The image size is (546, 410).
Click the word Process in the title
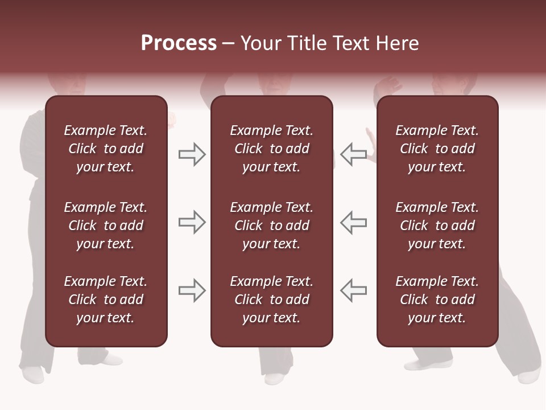[179, 43]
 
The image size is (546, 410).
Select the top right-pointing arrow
[192, 154]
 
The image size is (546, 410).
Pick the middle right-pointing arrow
[192, 222]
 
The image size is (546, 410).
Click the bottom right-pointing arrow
[192, 290]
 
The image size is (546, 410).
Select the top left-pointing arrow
[354, 154]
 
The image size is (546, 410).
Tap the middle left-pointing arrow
[354, 222]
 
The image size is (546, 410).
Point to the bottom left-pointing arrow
[354, 290]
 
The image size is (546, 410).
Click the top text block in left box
[106, 149]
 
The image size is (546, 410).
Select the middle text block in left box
[106, 225]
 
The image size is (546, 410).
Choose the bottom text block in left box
[106, 300]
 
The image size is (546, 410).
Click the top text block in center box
[271, 149]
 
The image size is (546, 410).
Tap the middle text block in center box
[271, 225]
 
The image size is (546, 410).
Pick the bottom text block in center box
[271, 300]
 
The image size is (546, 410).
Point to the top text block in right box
[437, 149]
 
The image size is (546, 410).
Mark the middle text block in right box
[437, 225]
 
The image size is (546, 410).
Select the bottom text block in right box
[437, 300]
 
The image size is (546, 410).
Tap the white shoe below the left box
[33, 374]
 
